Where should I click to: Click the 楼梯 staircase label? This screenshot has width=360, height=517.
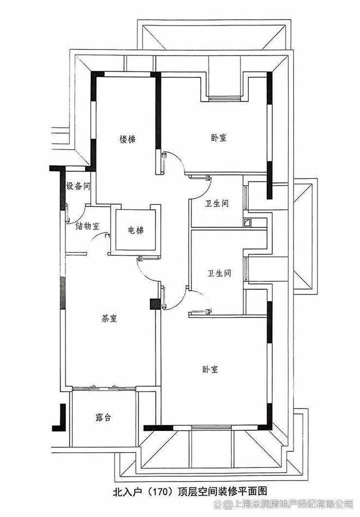pos(128,140)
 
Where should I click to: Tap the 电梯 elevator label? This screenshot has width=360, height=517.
pos(136,231)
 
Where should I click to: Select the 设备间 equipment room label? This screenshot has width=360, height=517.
pos(77,186)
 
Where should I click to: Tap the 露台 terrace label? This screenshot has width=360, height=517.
pos(103,418)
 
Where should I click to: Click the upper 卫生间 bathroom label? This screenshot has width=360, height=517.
pos(217,203)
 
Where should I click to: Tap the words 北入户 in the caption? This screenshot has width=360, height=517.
pos(129,491)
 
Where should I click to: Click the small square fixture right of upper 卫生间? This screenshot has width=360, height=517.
pos(248,222)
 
